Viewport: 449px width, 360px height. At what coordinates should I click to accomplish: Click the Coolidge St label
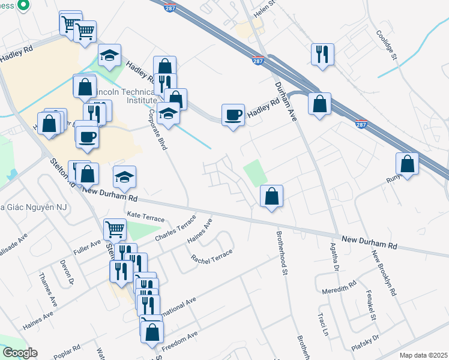point(387,46)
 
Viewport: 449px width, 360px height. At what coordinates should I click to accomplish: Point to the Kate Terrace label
point(145,217)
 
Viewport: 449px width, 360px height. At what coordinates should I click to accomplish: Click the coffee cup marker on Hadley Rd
point(233,114)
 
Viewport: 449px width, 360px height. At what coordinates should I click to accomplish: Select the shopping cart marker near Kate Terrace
point(115,228)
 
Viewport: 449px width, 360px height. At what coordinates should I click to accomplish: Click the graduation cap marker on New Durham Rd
point(125,176)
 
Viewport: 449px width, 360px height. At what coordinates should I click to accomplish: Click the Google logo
point(20,353)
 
